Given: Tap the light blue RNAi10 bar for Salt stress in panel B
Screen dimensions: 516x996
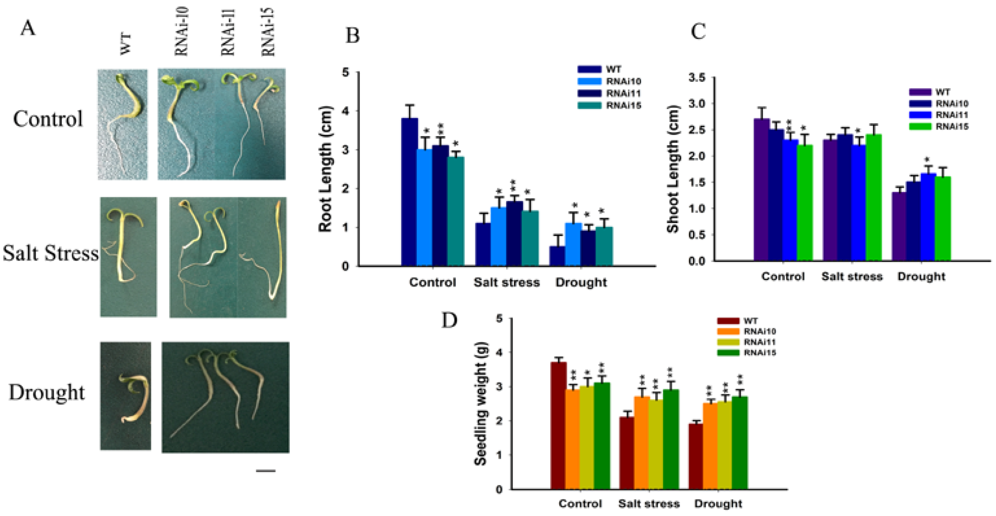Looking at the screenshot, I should pos(498,237).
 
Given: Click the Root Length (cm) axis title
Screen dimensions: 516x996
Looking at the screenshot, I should pos(325,169).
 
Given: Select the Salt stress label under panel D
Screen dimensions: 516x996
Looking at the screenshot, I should pos(649,504).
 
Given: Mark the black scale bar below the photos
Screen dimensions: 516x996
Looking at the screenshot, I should pos(266,471).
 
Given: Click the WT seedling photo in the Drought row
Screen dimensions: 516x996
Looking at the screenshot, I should pos(126,395).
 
